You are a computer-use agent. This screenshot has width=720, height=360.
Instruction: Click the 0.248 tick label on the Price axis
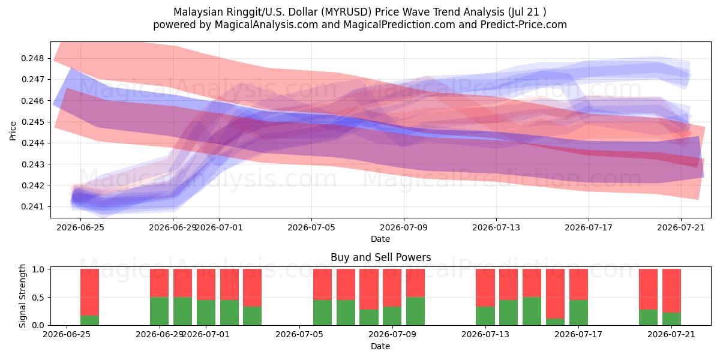tap(32, 59)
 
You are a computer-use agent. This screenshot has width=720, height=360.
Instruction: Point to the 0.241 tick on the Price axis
tap(32, 206)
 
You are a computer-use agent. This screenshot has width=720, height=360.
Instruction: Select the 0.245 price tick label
tap(32, 122)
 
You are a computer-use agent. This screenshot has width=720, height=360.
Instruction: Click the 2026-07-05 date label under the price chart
tap(311, 227)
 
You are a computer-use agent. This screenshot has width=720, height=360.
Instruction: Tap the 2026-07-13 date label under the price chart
tap(496, 227)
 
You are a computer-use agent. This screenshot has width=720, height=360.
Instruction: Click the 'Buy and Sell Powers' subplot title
tap(380, 257)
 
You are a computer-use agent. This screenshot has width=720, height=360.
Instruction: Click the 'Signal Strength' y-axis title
tap(22, 296)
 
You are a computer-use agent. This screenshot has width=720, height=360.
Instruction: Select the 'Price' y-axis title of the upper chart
tap(13, 131)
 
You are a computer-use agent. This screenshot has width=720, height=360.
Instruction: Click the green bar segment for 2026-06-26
tap(89, 320)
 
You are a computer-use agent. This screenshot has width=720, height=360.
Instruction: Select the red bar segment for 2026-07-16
tap(555, 294)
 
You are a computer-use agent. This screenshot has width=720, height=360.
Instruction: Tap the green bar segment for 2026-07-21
tap(671, 319)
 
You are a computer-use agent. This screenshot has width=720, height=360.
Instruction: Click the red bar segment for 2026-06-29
tap(160, 283)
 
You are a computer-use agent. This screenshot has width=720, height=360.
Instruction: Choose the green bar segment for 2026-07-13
tap(485, 316)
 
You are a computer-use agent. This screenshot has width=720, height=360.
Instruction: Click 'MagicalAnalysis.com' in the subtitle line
tap(266, 25)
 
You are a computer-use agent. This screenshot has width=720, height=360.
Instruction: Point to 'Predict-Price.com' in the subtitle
tap(524, 25)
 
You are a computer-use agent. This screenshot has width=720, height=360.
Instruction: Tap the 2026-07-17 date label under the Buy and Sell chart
tap(578, 334)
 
